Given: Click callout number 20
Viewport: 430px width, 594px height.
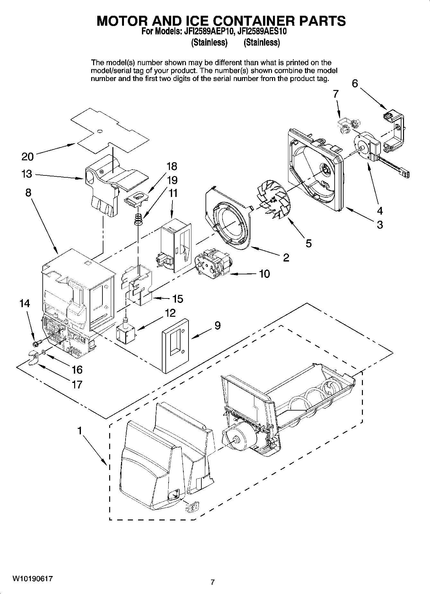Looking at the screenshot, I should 28,157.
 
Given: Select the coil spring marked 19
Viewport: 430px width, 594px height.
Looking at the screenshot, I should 138,219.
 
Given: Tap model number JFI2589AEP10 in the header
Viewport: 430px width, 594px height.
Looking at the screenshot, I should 207,31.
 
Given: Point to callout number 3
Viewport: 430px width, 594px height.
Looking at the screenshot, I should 380,224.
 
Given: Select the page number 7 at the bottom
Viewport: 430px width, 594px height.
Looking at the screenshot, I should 212,582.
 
